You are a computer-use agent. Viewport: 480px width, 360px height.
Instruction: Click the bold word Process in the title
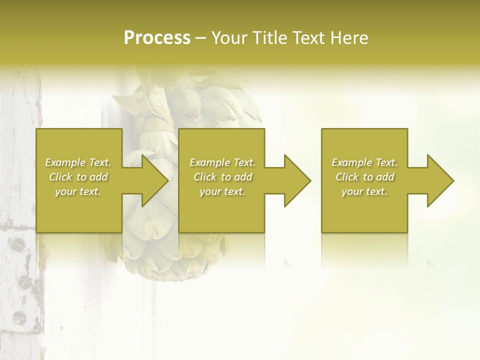tap(157, 38)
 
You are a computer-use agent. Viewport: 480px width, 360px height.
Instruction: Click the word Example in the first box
tap(65, 162)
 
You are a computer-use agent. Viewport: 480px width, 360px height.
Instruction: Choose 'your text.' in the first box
tap(78, 191)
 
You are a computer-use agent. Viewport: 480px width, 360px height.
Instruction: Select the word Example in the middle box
tap(209, 162)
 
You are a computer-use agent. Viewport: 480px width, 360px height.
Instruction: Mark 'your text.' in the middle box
tap(222, 191)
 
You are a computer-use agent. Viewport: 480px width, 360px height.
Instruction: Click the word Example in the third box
tap(351, 162)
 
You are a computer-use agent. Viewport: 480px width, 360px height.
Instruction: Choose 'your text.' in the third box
tap(364, 191)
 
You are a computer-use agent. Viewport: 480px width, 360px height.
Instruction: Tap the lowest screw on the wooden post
tap(18, 316)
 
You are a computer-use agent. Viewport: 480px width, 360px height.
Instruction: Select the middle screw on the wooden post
tap(24, 282)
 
